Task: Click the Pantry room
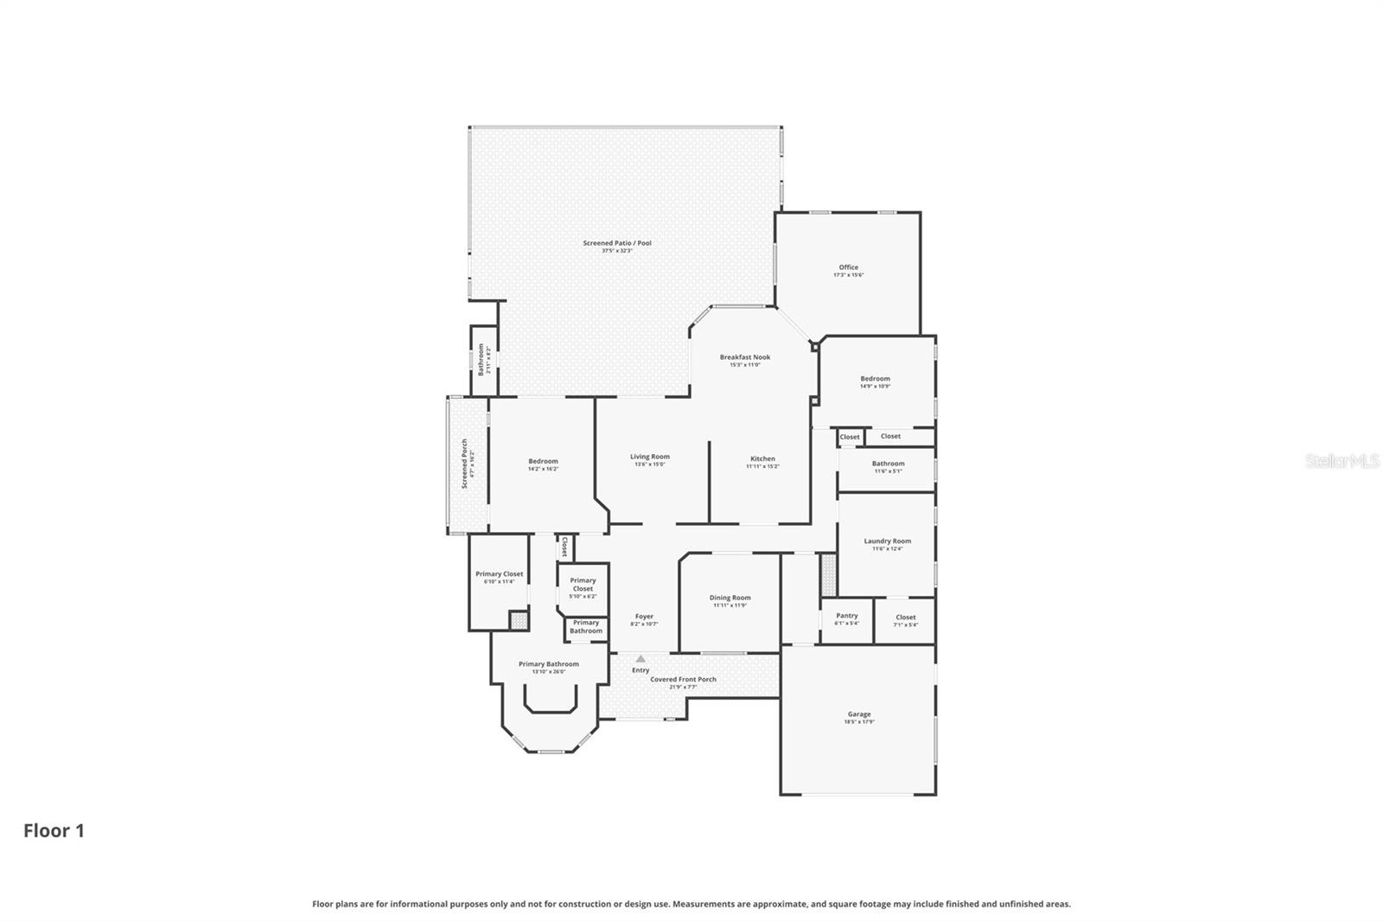(x=846, y=618)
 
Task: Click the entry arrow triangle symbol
(x=641, y=659)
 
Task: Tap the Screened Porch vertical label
(x=466, y=464)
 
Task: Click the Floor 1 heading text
(x=54, y=831)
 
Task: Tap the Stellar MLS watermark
(x=1342, y=462)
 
